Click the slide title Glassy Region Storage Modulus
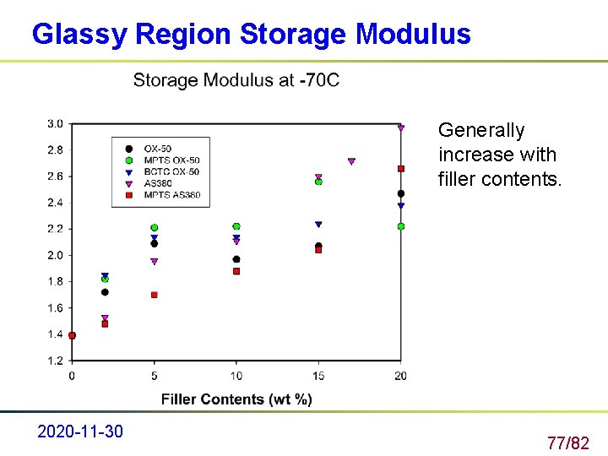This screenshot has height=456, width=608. point(251,34)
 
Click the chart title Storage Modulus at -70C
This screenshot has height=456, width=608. point(236,80)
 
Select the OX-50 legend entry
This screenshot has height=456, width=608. point(158,149)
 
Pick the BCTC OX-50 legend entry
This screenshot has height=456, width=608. point(171,171)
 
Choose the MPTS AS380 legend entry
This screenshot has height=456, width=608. point(172,195)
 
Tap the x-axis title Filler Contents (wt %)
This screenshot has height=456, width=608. point(236,399)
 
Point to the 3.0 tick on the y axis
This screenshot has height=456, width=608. point(54,124)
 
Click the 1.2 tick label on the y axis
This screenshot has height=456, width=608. point(54,361)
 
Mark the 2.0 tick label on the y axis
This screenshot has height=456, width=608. point(54,255)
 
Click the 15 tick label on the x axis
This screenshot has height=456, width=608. point(318,375)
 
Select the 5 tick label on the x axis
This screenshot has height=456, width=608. point(154,375)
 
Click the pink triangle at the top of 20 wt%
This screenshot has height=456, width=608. point(401,128)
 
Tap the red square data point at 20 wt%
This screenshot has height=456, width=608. point(401,169)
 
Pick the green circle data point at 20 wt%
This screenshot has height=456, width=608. point(401,226)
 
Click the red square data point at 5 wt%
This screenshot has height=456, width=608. point(155,295)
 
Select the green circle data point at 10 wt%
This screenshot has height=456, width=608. point(236,226)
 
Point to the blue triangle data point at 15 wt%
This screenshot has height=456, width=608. point(318,225)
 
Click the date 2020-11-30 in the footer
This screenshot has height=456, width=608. point(80,432)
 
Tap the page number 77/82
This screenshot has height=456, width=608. point(567,442)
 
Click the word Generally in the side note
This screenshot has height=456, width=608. point(481,131)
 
